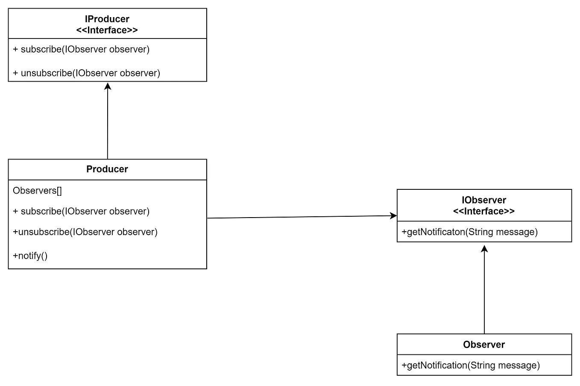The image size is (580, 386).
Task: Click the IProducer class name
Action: [x=107, y=19]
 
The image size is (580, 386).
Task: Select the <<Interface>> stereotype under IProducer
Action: [x=107, y=30]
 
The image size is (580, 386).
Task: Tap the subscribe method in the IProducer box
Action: [x=81, y=49]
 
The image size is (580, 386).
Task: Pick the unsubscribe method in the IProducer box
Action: [x=86, y=73]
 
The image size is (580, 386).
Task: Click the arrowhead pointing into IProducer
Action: [x=108, y=86]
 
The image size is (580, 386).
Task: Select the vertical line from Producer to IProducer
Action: [x=108, y=124]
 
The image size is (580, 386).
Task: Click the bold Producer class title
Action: [x=107, y=169]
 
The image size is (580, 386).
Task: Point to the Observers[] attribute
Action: [x=37, y=191]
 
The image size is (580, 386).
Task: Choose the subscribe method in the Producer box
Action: [x=81, y=211]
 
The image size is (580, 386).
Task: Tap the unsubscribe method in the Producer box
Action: [x=85, y=232]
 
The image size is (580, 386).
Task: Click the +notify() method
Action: [x=30, y=256]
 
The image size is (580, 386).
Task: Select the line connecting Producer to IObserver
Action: [x=299, y=217]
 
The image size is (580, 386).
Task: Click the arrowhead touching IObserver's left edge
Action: [x=393, y=216]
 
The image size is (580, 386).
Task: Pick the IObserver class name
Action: [x=484, y=200]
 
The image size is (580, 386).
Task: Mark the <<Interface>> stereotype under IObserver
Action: [x=484, y=211]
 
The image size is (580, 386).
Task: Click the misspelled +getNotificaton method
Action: [x=469, y=232]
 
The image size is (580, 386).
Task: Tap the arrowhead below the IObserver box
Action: [x=484, y=249]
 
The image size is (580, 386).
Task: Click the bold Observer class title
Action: [x=484, y=345]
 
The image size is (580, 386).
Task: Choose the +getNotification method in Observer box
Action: [x=471, y=365]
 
